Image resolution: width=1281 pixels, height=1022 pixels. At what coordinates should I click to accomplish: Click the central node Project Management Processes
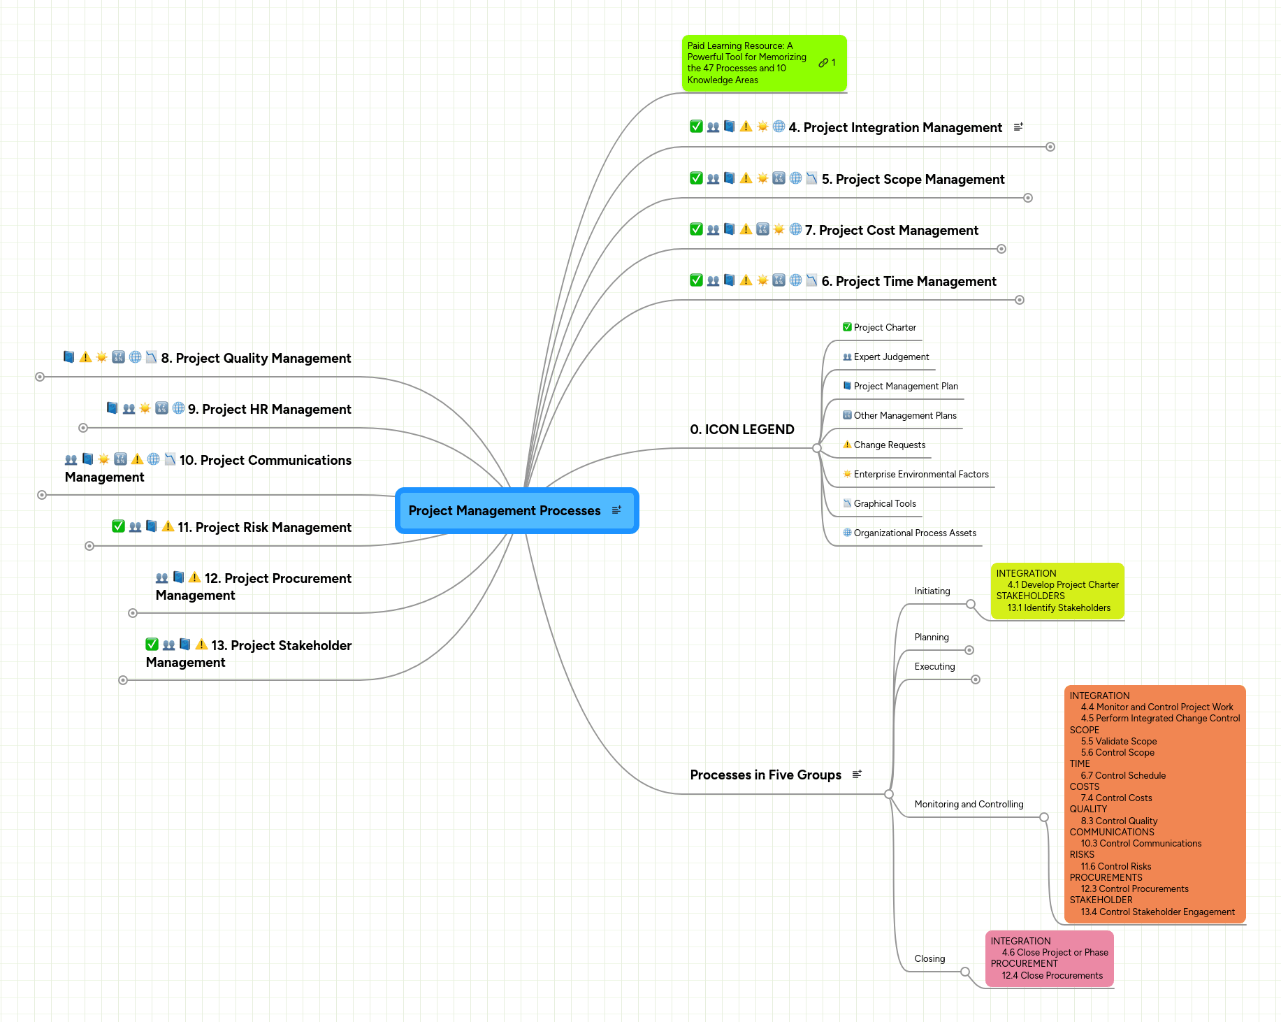pos(505,511)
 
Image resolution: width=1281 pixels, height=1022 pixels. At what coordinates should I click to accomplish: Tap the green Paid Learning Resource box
pos(748,63)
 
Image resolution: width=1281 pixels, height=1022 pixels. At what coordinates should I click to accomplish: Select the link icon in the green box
pos(823,63)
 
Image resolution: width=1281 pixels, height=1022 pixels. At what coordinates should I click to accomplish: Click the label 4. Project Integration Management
pos(902,128)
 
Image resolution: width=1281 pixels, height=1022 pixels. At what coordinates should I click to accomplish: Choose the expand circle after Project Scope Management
pos(1028,198)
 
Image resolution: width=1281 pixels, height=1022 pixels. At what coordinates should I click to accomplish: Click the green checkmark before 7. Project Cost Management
pos(696,229)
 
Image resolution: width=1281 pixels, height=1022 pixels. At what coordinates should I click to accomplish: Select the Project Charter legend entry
pos(884,328)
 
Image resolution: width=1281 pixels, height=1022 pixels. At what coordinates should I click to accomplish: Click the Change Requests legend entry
pos(889,445)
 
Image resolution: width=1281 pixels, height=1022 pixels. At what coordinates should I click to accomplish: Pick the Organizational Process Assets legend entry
pos(914,533)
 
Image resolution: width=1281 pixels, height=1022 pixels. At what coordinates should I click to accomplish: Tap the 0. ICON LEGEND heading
pos(742,430)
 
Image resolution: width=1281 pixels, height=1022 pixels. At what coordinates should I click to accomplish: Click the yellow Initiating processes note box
pos(1057,591)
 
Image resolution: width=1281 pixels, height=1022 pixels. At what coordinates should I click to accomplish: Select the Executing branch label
pos(934,667)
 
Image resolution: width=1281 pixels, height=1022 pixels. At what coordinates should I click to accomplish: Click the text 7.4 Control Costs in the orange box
pos(1116,798)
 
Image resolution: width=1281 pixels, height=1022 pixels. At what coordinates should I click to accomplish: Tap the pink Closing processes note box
pos(1049,959)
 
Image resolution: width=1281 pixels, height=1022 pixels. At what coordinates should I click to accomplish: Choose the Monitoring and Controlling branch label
pos(969,805)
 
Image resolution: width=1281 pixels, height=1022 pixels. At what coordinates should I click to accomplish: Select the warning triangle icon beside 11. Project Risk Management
pos(168,527)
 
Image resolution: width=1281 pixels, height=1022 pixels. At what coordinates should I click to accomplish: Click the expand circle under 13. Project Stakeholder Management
pos(123,680)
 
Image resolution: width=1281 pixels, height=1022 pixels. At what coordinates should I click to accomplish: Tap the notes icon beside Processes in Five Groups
pos(857,775)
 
